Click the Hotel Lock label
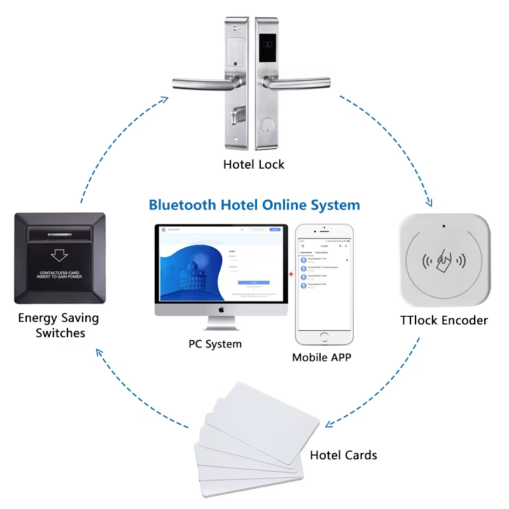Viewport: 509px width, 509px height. (x=254, y=164)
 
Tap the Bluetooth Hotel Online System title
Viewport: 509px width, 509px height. (x=254, y=205)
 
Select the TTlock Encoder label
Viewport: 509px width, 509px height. (x=444, y=320)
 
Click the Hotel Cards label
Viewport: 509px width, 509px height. (x=343, y=455)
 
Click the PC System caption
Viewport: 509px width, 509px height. (x=215, y=344)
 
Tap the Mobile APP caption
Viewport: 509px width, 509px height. (x=321, y=357)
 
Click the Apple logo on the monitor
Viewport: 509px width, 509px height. (x=222, y=310)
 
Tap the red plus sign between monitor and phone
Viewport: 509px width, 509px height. (x=291, y=274)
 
